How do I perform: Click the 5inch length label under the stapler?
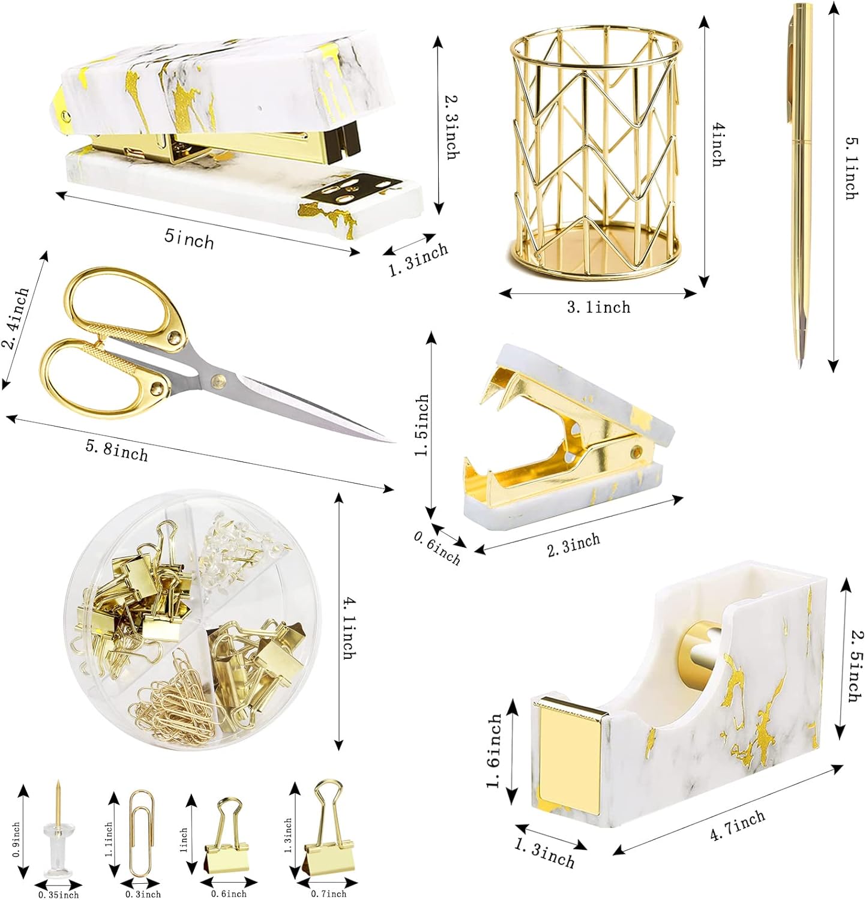click(189, 239)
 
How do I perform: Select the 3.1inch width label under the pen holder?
click(599, 307)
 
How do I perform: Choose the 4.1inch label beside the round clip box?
click(347, 628)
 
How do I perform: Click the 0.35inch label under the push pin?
click(58, 895)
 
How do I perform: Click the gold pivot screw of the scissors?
click(216, 379)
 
